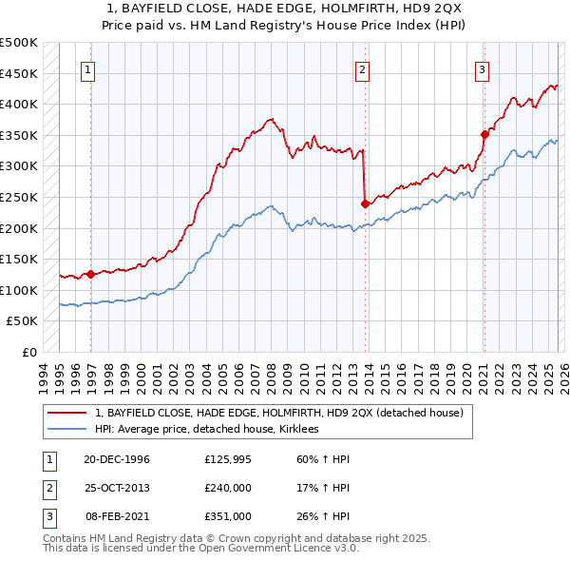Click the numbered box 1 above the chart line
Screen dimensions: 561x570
(x=88, y=68)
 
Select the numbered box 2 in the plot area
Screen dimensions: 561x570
(x=363, y=68)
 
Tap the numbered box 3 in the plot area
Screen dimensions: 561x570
(x=483, y=68)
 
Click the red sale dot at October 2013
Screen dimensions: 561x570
(x=365, y=203)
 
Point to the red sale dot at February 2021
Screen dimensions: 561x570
(x=484, y=134)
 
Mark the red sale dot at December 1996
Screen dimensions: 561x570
(x=91, y=274)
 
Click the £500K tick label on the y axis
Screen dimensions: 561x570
(x=19, y=43)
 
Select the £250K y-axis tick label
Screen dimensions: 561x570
(x=19, y=197)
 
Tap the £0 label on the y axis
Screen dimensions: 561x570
(x=29, y=352)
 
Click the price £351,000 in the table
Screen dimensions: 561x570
(x=228, y=516)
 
